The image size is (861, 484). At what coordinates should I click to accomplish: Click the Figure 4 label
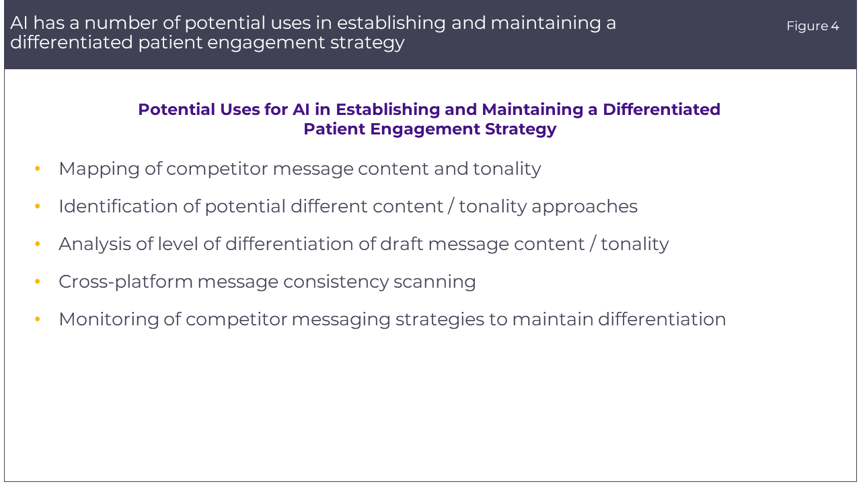pyautogui.click(x=812, y=26)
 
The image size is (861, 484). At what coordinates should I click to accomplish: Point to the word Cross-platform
pyautogui.click(x=126, y=282)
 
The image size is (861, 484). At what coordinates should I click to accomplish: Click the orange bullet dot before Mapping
pyautogui.click(x=37, y=169)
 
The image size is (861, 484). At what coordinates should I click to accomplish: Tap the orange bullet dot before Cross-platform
pyautogui.click(x=37, y=282)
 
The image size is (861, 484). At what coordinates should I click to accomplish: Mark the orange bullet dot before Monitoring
pyautogui.click(x=37, y=319)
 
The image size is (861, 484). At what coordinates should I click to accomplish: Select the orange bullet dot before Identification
pyautogui.click(x=37, y=206)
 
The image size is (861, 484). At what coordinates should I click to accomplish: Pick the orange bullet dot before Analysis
pyautogui.click(x=37, y=244)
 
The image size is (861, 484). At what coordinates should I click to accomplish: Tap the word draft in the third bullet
pyautogui.click(x=402, y=244)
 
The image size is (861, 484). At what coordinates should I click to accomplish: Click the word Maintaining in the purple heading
pyautogui.click(x=533, y=110)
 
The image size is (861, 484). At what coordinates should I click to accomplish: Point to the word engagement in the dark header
pyautogui.click(x=266, y=43)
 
